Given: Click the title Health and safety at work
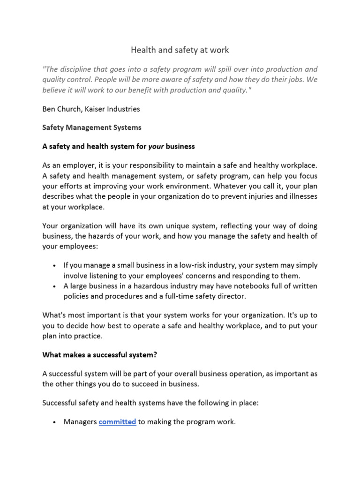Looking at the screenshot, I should [180, 49].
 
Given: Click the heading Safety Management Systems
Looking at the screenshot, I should [91, 127].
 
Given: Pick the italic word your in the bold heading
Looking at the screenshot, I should [156, 146].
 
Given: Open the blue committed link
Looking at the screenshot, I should [117, 422].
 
